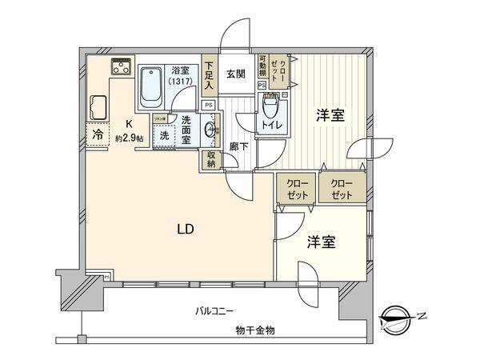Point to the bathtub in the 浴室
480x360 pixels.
[150, 86]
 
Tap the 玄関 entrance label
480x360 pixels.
[235, 75]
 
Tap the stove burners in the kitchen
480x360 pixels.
[121, 66]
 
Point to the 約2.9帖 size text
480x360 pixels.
[128, 138]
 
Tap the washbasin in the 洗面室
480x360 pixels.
[209, 129]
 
